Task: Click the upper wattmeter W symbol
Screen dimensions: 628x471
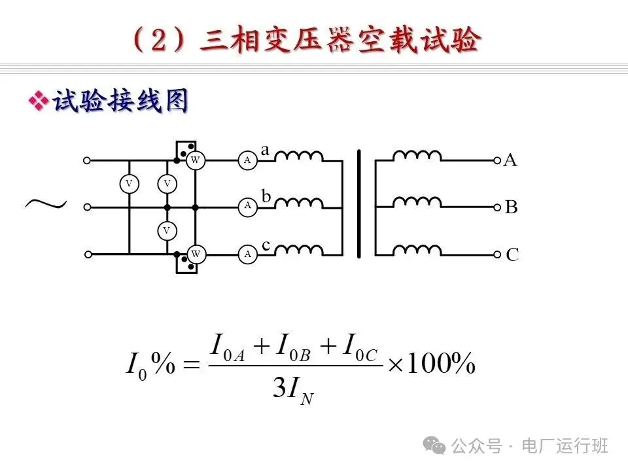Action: [195, 160]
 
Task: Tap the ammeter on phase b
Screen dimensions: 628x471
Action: [247, 207]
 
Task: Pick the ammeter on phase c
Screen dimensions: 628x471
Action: [247, 254]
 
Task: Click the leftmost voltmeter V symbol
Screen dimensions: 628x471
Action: [129, 184]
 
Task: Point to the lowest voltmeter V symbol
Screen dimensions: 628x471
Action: [167, 230]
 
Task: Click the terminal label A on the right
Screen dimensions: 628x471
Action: [510, 160]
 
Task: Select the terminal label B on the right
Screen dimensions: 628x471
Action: [511, 208]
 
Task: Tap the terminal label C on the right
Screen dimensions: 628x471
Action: [512, 255]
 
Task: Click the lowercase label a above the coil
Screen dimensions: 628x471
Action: [265, 150]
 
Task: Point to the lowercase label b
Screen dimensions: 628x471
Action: [266, 196]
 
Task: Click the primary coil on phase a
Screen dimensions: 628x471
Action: [298, 156]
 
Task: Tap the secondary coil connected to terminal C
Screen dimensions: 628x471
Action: [417, 250]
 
